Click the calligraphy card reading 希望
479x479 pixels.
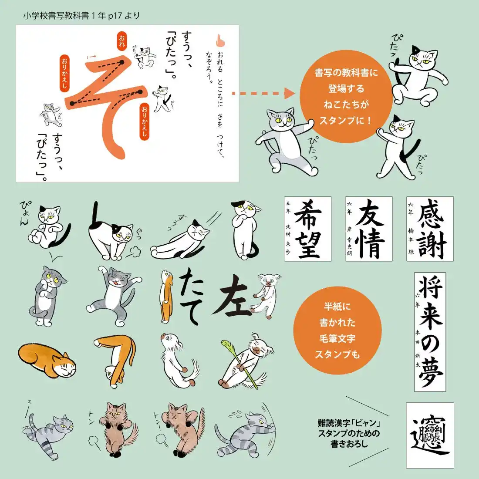coord(307,229)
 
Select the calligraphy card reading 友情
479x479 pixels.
coord(369,229)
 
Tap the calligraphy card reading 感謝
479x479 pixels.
coord(430,229)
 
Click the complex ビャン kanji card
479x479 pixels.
coord(430,435)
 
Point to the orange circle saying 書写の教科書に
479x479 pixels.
coord(346,97)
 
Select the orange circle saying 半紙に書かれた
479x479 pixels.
coord(337,331)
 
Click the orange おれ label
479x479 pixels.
coord(121,41)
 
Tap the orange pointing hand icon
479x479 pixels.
coord(220,40)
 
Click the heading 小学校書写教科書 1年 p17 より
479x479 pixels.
coord(82,16)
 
